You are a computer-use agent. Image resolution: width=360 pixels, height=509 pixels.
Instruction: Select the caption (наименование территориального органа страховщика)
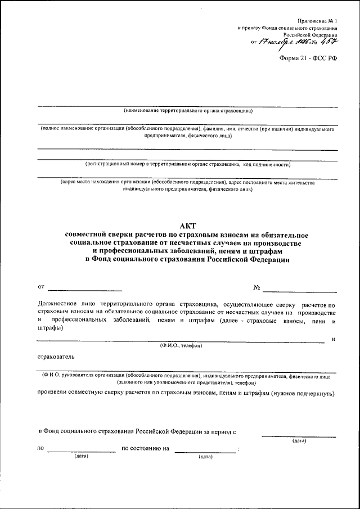coord(188,111)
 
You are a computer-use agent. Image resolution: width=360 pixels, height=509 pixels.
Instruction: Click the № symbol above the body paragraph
coord(256,288)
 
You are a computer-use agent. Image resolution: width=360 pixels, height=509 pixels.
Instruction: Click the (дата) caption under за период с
coord(299,440)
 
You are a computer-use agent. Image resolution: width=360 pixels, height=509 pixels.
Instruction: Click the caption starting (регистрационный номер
coord(187,165)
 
